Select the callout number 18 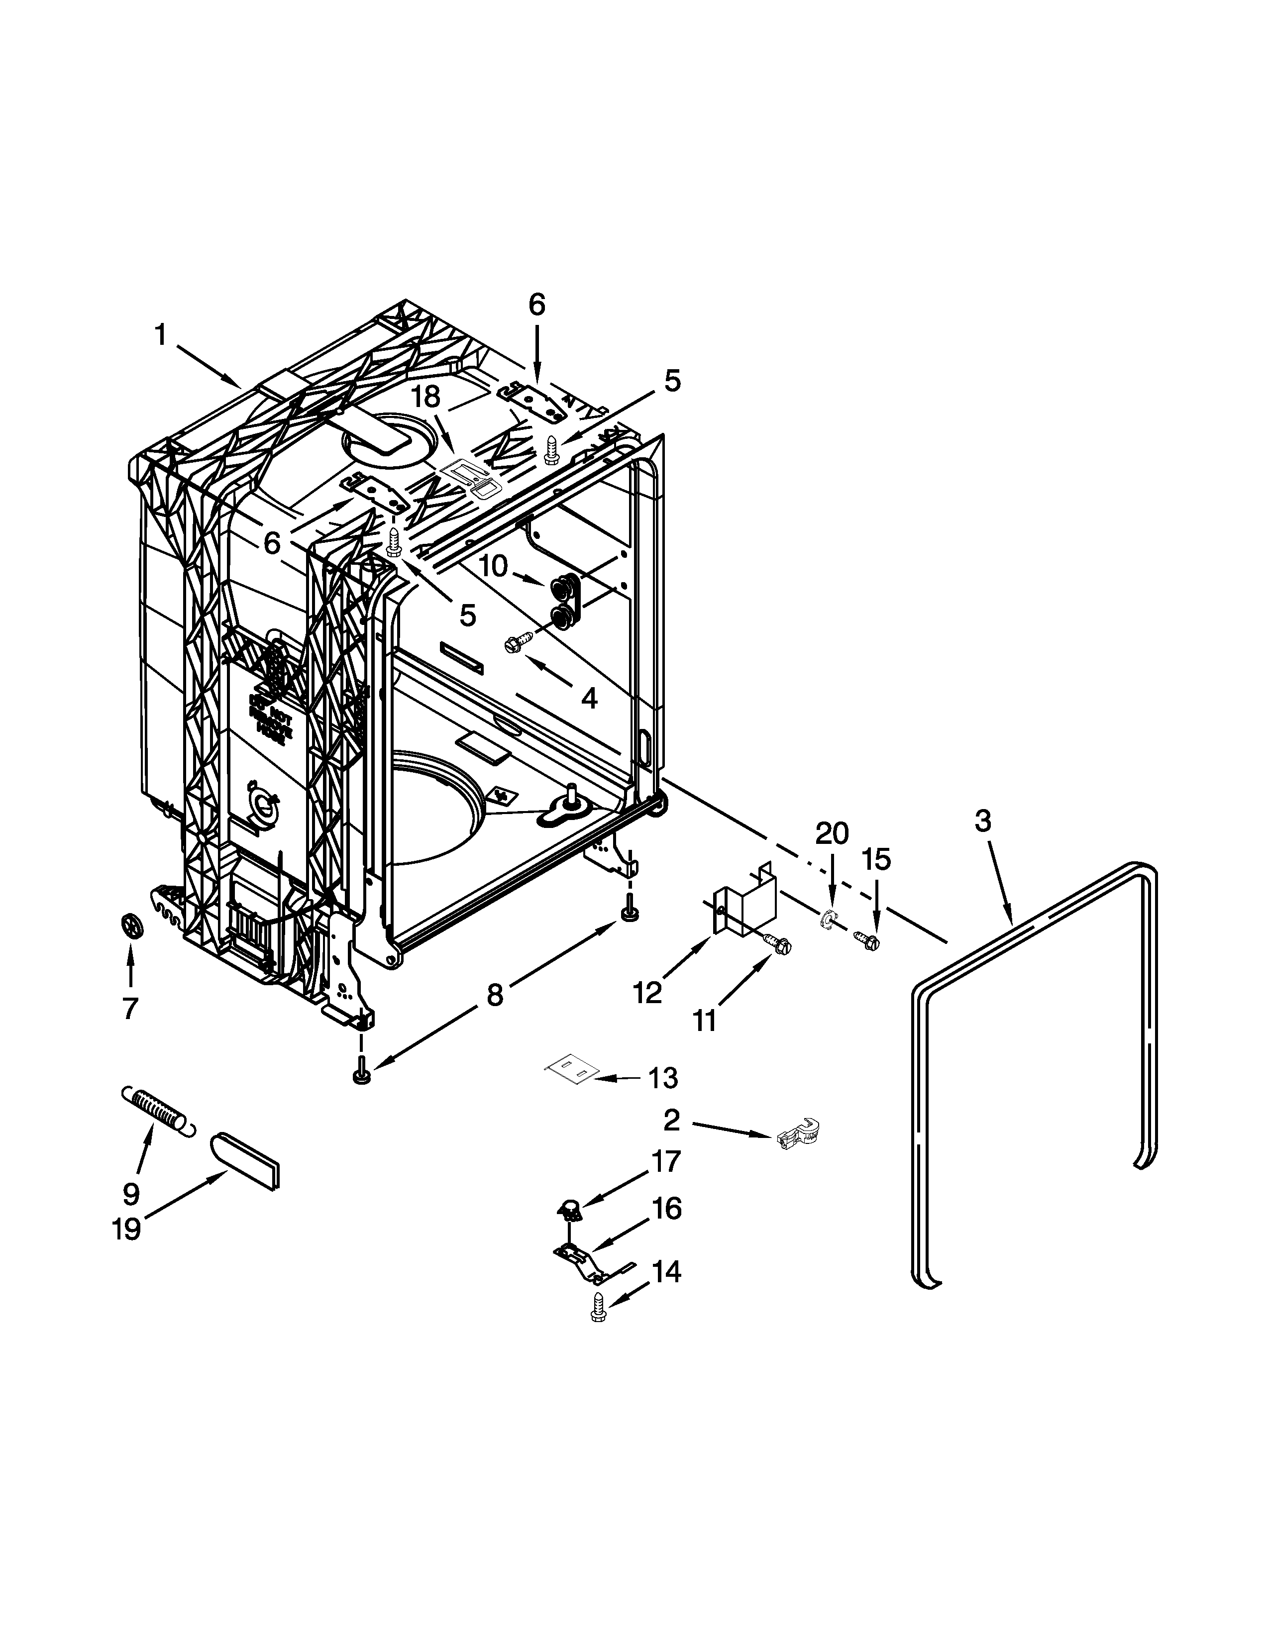(x=425, y=398)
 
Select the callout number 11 (x=704, y=1021)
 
